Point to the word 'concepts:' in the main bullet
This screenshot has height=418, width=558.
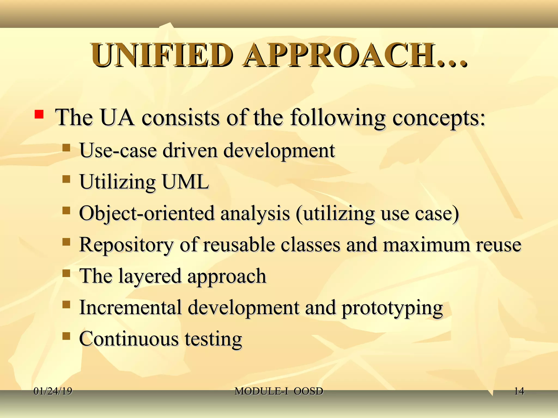click(x=439, y=118)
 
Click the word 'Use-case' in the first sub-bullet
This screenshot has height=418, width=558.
click(x=118, y=150)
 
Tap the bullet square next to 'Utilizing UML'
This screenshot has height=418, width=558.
click(x=66, y=179)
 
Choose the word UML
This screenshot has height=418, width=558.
click(x=185, y=182)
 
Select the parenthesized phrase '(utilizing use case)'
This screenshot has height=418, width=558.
click(x=377, y=214)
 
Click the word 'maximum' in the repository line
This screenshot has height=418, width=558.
click(x=426, y=245)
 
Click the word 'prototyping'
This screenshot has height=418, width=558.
click(x=392, y=308)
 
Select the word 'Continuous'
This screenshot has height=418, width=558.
click(x=129, y=339)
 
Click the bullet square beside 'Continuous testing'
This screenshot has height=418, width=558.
click(x=66, y=336)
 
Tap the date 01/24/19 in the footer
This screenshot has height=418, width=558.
click(x=53, y=391)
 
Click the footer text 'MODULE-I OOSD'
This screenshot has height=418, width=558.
click(x=279, y=391)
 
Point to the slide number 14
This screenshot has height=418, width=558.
click(x=519, y=391)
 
